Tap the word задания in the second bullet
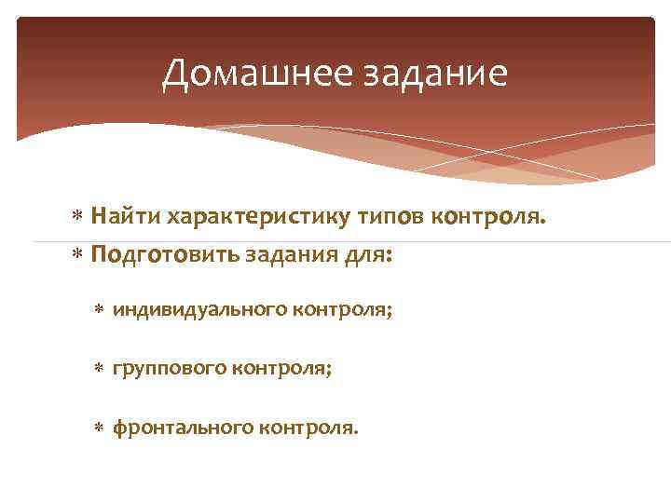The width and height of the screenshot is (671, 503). tap(286, 254)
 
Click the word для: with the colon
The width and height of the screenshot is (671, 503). tap(366, 254)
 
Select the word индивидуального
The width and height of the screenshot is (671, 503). tap(199, 310)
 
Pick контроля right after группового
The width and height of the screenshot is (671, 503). tap(280, 369)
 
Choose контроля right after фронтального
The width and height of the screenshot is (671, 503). tap(309, 428)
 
